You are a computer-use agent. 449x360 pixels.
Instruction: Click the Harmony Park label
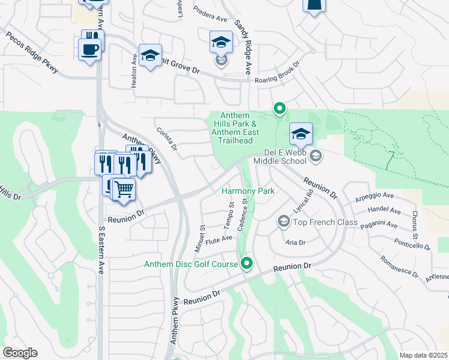point(248,191)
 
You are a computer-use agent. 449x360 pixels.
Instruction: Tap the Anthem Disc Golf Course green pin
point(247,263)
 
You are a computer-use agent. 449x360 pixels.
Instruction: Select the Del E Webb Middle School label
point(281,156)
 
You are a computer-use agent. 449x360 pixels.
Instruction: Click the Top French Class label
point(316,223)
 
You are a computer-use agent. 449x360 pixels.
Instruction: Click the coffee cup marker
point(89,49)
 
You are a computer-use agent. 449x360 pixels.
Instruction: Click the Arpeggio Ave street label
point(374,196)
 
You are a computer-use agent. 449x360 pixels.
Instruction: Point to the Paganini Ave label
point(378,225)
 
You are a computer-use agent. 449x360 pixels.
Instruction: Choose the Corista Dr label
point(166,139)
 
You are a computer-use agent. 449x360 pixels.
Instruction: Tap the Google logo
point(19,353)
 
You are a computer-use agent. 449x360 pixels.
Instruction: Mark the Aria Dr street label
point(296,242)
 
